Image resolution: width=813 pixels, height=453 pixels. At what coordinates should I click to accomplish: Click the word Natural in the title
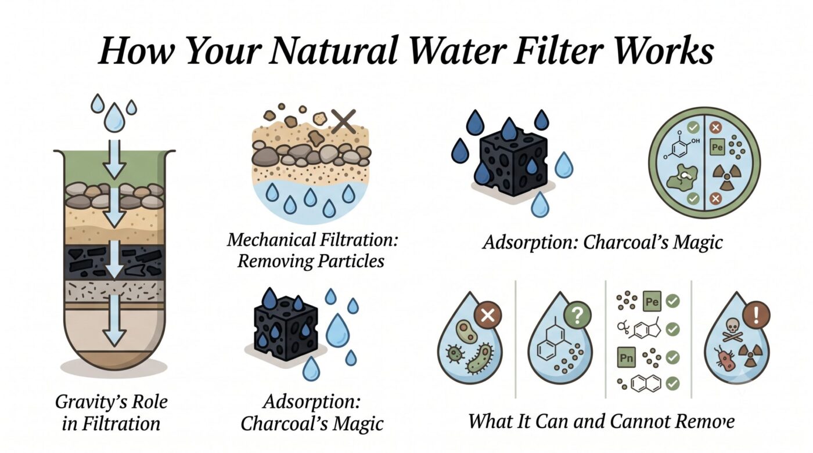332,50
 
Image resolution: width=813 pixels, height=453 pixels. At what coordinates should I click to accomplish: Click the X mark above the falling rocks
343,121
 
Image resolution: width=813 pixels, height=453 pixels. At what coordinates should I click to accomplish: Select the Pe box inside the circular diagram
717,147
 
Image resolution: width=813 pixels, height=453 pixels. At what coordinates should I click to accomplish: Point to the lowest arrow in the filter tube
114,321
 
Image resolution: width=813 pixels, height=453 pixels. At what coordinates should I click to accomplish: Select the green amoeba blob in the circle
682,178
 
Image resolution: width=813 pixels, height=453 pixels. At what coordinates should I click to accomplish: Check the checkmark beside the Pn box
672,357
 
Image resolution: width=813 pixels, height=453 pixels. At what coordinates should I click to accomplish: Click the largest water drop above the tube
114,117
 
